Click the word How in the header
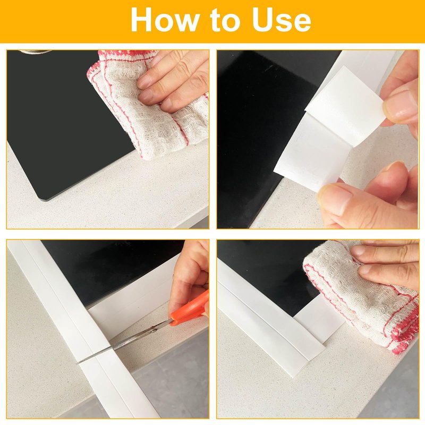click(x=165, y=20)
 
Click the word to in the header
click(x=225, y=21)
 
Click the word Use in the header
click(x=282, y=20)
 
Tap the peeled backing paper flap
click(x=345, y=106)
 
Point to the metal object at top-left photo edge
click(x=35, y=52)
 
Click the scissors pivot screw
click(x=154, y=330)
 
